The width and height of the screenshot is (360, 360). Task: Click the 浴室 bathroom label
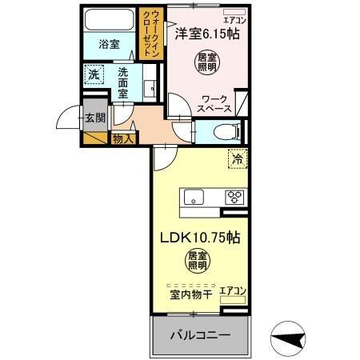pyautogui.click(x=110, y=45)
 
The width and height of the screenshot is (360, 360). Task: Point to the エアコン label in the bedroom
pyautogui.click(x=234, y=18)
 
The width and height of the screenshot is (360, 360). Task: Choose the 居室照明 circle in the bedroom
pyautogui.click(x=206, y=62)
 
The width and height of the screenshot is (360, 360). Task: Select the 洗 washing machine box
pyautogui.click(x=94, y=74)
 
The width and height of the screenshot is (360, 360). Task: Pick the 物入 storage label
pyautogui.click(x=124, y=138)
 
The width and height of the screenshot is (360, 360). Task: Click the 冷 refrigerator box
pyautogui.click(x=237, y=158)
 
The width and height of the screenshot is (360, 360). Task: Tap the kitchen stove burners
pyautogui.click(x=234, y=197)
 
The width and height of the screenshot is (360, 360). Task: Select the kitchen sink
pyautogui.click(x=194, y=197)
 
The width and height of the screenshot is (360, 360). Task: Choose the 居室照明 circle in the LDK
pyautogui.click(x=198, y=260)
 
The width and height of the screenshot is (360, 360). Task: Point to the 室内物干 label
pyautogui.click(x=190, y=294)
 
